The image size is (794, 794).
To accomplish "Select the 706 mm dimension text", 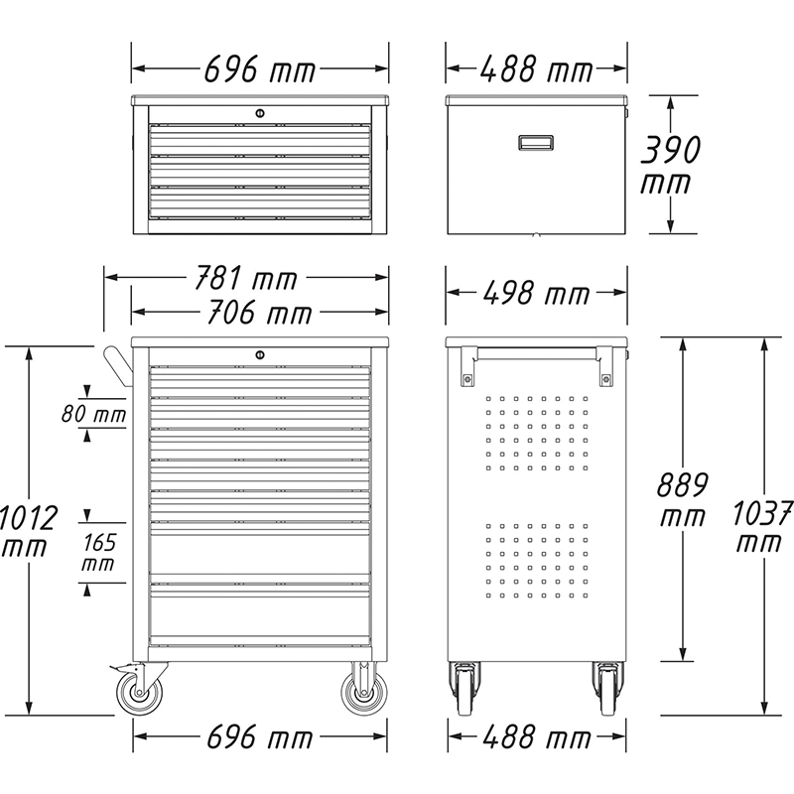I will pyautogui.click(x=257, y=314).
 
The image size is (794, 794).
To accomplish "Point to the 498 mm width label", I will pyautogui.click(x=535, y=294).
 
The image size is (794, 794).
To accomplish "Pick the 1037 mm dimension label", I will pyautogui.click(x=762, y=527).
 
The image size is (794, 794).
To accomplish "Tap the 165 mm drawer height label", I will pyautogui.click(x=97, y=552).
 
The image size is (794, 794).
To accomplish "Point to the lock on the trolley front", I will pyautogui.click(x=260, y=354).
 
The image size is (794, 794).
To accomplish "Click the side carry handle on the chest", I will pyautogui.click(x=535, y=143).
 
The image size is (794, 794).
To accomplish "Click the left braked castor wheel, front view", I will pyautogui.click(x=132, y=692).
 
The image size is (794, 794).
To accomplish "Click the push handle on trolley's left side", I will pyautogui.click(x=117, y=367).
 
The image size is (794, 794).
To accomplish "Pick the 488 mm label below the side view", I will pyautogui.click(x=535, y=737).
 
